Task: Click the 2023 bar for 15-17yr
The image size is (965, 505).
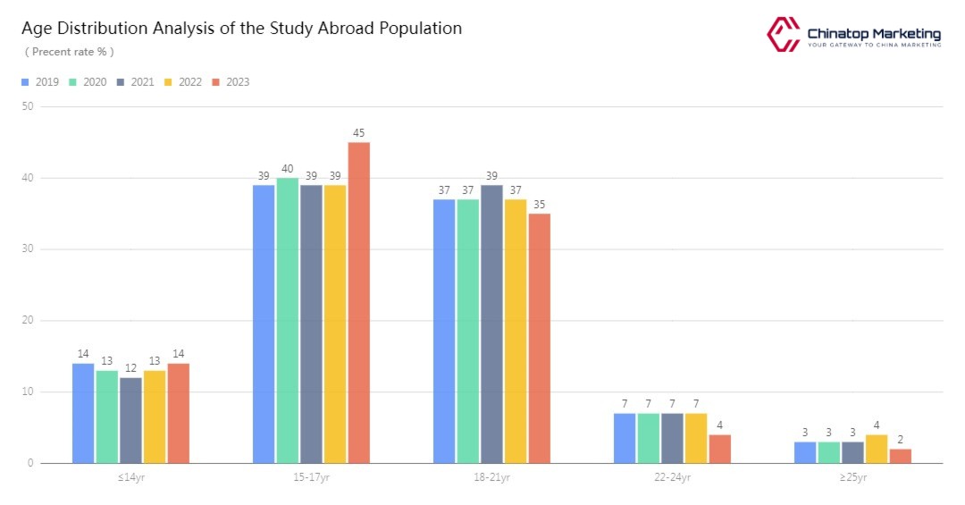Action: (x=358, y=302)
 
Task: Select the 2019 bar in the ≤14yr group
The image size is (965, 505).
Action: (x=83, y=413)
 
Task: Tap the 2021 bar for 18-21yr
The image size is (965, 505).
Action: (x=491, y=324)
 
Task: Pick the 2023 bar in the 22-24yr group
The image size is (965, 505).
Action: (x=719, y=449)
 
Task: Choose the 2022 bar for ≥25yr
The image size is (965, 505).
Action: (x=876, y=449)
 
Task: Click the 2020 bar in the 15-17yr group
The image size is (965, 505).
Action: (x=288, y=320)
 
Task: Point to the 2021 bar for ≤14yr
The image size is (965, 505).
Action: (x=130, y=420)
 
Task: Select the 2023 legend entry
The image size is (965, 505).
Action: (x=231, y=82)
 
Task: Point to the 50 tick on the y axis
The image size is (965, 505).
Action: (x=28, y=106)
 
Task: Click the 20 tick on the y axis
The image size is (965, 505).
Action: (x=28, y=320)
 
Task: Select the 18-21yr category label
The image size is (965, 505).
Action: (x=491, y=477)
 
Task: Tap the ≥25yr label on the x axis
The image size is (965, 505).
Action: (x=852, y=477)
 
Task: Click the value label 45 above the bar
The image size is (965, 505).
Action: (x=358, y=133)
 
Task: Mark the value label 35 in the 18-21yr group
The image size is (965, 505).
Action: (x=539, y=205)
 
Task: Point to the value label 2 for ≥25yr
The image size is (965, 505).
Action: (x=900, y=440)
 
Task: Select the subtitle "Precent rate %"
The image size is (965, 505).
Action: (x=69, y=52)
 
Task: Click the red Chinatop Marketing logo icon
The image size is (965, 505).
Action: (x=783, y=34)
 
